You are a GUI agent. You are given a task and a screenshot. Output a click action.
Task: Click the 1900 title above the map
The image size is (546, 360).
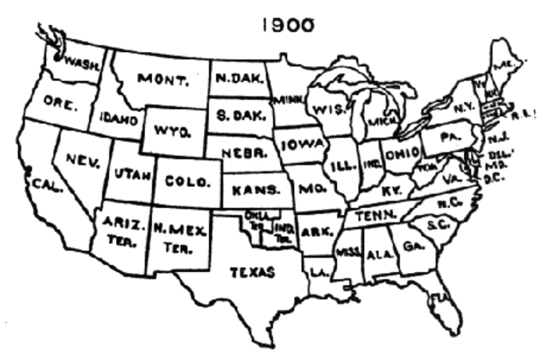point(288,25)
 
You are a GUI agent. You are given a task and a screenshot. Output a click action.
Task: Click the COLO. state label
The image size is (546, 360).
point(182,181)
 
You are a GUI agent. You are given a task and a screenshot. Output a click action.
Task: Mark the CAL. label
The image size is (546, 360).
point(46,183)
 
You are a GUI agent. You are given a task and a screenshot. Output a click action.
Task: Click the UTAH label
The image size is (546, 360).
point(132,177)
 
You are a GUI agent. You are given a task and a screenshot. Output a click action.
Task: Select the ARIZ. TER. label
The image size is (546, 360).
point(120,230)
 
